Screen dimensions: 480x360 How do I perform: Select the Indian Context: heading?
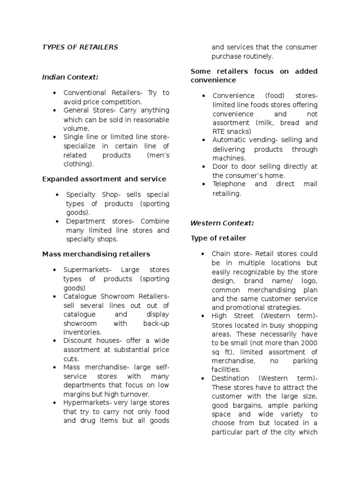pos(70,77)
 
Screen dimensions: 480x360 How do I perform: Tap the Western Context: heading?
pos(222,223)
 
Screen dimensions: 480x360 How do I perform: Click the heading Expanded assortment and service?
pos(104,179)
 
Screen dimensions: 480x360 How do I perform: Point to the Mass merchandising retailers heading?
pos(96,254)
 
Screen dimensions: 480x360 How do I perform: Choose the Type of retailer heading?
pos(218,238)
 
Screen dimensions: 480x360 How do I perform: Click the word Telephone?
pos(228,184)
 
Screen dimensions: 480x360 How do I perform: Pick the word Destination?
pos(231,378)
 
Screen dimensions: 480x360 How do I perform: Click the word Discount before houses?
pos(78,340)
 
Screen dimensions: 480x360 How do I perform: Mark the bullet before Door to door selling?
pos(203,167)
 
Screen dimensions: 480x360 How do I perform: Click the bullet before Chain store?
pos(203,254)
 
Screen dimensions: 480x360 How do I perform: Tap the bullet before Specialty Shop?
pos(56,195)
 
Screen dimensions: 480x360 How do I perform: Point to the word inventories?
pos(82,332)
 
